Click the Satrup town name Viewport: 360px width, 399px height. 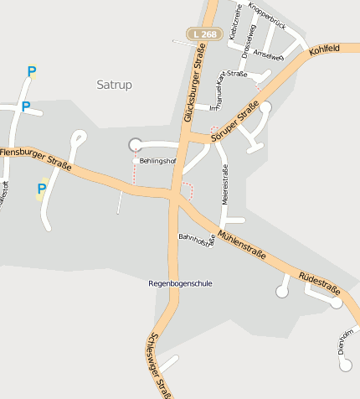(x=115, y=85)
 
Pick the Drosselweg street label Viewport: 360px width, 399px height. (x=247, y=43)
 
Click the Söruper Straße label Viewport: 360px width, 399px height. (x=234, y=122)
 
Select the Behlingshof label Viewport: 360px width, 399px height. (x=157, y=160)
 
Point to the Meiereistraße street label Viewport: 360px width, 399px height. (x=224, y=185)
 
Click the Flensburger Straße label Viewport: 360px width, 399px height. (x=36, y=158)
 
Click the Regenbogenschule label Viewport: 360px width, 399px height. (x=180, y=283)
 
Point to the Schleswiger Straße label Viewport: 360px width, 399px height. (x=158, y=365)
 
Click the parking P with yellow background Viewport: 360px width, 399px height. (x=40, y=189)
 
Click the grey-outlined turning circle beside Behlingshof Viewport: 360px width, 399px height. (x=135, y=145)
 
